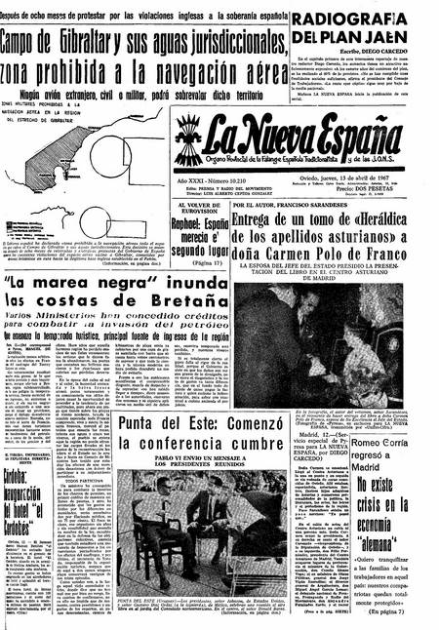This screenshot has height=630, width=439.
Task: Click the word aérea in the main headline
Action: pyautogui.click(x=285, y=71)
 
